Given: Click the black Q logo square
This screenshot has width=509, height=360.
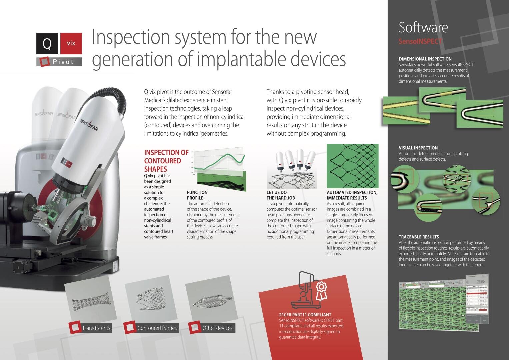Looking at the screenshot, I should [x=47, y=43].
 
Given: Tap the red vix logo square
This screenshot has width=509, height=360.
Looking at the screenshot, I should [x=71, y=43].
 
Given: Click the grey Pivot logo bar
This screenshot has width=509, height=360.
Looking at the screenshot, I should [x=59, y=62].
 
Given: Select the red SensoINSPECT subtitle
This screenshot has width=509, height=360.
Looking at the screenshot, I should [x=420, y=41].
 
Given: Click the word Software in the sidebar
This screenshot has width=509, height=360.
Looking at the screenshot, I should [x=423, y=27].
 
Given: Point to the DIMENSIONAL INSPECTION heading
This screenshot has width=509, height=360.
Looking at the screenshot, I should [x=425, y=59].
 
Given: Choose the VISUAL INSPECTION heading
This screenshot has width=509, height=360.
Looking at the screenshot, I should [x=418, y=148].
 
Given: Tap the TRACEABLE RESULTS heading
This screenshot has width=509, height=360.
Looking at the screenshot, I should [x=419, y=237].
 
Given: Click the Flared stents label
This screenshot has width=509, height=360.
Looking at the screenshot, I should [x=96, y=328].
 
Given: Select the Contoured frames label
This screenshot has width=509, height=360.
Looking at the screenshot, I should [x=157, y=328].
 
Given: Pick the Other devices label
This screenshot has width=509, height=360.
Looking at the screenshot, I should [x=217, y=328].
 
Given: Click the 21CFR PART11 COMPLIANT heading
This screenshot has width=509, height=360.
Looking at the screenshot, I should [x=305, y=315].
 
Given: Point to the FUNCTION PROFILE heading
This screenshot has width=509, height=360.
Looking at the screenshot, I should [x=197, y=195].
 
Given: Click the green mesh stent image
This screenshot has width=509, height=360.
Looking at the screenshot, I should [x=352, y=166].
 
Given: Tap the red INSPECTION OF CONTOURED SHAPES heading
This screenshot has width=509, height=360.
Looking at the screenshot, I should [x=166, y=161].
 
